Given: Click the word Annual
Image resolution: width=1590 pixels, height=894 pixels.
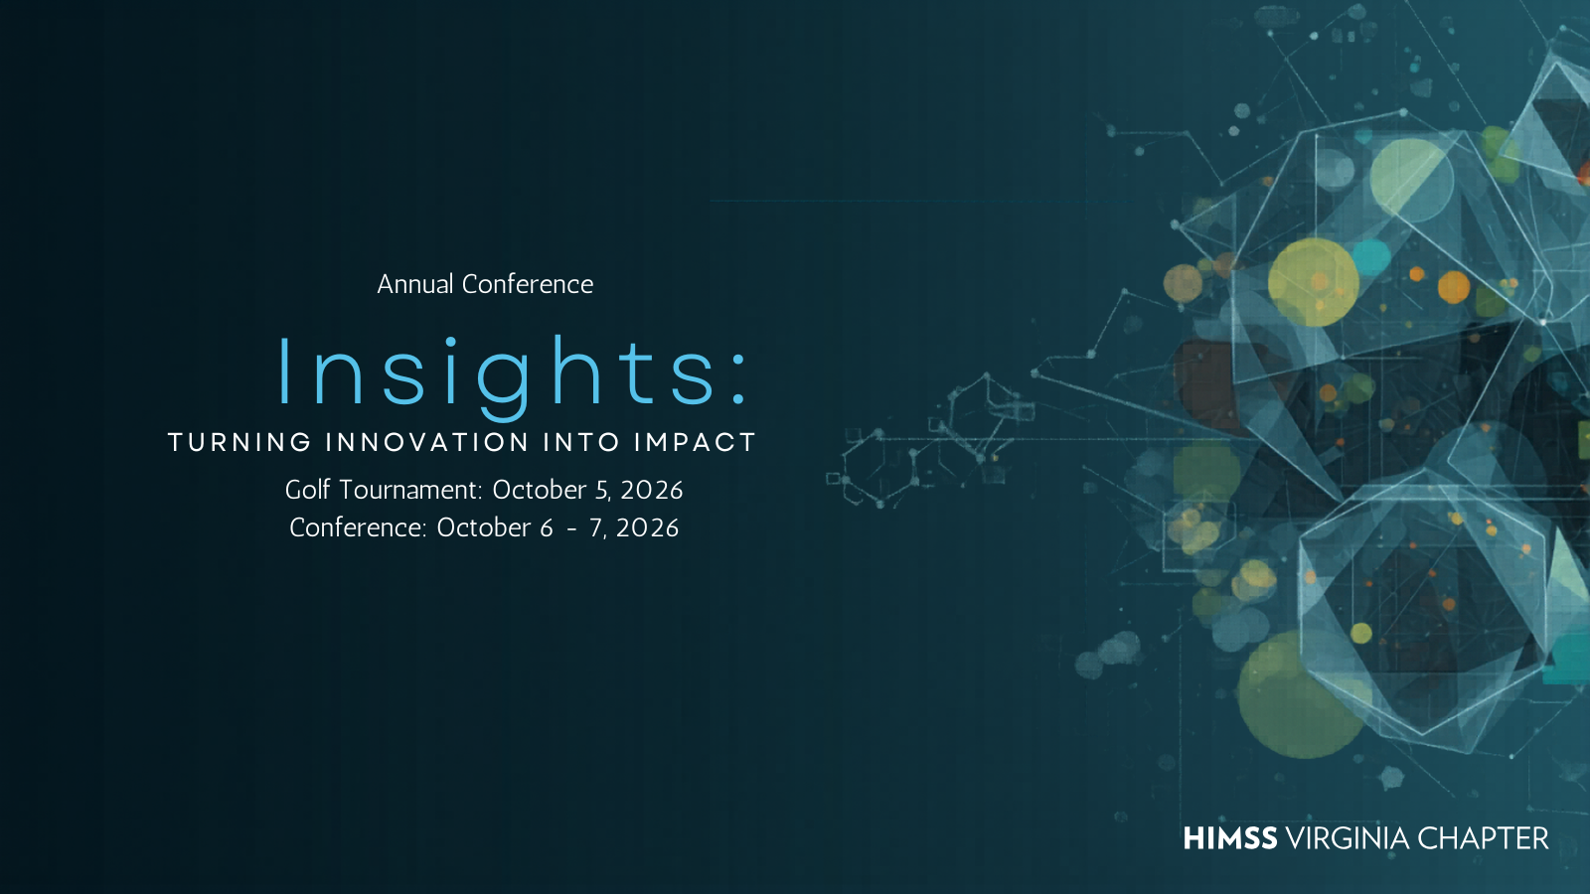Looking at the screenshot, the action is pos(415,284).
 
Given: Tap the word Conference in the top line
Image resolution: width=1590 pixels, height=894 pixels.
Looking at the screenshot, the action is pos(528,284).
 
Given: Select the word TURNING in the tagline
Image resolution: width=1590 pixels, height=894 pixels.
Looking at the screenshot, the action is pos(239,442).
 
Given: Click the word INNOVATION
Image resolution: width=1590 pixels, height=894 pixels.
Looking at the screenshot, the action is pos(427,442).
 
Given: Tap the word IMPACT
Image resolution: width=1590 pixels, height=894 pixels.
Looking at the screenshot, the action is pos(696,442).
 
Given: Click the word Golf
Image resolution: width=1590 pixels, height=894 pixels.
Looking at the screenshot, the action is pos(307,490).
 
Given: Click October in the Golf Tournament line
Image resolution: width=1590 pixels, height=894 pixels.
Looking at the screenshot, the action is pos(539,490).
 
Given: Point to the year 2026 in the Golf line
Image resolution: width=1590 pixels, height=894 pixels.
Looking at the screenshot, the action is pos(652,490).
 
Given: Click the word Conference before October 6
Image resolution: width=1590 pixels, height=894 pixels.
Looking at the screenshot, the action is pos(358,527).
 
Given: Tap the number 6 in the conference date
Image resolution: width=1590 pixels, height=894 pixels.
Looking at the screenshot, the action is pos(546,527).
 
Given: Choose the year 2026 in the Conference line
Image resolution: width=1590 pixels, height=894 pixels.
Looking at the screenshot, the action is pos(647,527).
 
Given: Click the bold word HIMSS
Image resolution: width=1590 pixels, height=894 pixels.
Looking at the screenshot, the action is pos(1230,838).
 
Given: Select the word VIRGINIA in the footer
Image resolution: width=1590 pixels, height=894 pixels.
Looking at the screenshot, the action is pos(1348,838).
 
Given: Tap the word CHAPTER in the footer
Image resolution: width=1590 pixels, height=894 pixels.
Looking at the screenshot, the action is pos(1483,838).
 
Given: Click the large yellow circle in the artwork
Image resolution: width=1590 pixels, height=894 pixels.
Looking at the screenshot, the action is pos(1313,282).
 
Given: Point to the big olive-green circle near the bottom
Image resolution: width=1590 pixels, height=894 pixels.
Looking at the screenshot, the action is pos(1298,695).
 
